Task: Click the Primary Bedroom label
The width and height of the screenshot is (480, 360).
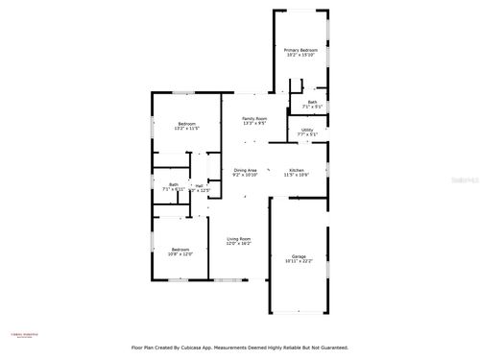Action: point(300,50)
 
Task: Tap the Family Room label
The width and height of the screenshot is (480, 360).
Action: point(253,118)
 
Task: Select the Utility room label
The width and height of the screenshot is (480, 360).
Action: point(307,130)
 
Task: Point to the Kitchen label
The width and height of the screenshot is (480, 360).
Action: point(296,170)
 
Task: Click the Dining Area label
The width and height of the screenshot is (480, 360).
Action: point(245,170)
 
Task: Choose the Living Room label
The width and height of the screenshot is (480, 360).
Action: point(238,239)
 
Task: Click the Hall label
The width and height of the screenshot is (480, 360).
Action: point(199,185)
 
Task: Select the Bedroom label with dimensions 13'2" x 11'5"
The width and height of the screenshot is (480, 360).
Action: point(186,124)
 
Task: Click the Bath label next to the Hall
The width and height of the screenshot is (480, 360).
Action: point(174,184)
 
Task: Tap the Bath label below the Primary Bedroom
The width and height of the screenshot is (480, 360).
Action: point(312,102)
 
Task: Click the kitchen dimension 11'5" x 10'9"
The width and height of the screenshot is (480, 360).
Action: point(296,176)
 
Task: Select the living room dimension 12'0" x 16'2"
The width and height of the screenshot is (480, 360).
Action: point(238,245)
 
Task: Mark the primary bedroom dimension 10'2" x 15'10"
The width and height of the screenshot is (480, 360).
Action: point(300,56)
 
